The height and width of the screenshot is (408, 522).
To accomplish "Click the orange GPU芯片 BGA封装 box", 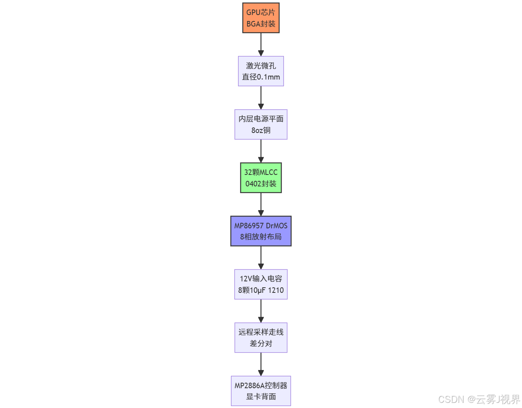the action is coord(261,18).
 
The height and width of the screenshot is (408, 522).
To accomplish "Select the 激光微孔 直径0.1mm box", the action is coord(261,71).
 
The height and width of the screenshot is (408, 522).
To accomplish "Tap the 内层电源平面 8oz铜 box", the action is coord(261,124).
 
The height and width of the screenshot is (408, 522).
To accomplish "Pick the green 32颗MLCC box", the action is coord(261,178).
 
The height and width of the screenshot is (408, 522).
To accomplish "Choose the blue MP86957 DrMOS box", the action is coord(261,231).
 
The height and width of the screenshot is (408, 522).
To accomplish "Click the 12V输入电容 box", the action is coord(261,284).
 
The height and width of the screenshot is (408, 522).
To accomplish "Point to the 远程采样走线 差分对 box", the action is coord(261,338).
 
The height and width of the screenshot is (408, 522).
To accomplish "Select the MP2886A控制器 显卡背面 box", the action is coord(261,391).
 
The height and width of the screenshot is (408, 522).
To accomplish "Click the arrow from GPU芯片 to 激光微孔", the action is coord(261,44).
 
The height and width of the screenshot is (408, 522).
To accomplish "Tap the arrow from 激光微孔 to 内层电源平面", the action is coord(261,98).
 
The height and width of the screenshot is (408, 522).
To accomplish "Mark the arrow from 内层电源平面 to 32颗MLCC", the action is coord(261,151).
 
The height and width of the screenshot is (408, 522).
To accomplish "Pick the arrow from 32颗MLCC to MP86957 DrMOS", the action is coord(261,204).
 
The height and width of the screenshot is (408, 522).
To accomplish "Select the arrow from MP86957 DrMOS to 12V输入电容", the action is coord(261,258).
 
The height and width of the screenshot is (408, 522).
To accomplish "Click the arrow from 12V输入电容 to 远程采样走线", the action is coord(261,311).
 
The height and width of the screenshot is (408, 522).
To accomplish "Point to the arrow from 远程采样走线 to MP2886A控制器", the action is coord(261,364).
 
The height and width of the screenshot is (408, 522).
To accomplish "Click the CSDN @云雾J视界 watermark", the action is coord(479,399).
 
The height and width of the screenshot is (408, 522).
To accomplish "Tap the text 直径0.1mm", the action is coord(261,77).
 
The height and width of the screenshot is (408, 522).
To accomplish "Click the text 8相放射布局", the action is coord(261,237).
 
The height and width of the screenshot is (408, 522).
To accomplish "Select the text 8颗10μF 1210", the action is coord(261,290).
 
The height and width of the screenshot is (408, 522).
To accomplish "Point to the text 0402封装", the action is coord(261,184).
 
